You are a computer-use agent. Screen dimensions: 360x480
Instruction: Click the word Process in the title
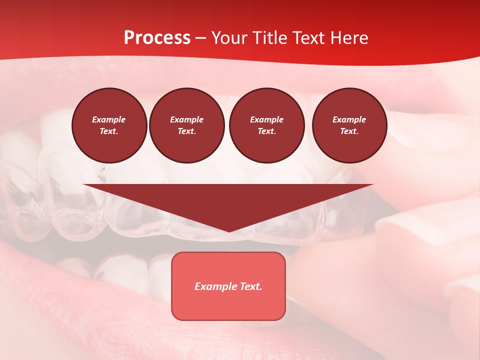(157, 37)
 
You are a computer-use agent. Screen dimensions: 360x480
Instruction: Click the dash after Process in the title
(201, 38)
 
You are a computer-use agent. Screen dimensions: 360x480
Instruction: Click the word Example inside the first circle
(108, 119)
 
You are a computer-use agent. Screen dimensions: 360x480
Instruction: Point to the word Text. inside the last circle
(349, 131)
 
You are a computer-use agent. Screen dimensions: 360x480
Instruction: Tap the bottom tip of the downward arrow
(229, 230)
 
